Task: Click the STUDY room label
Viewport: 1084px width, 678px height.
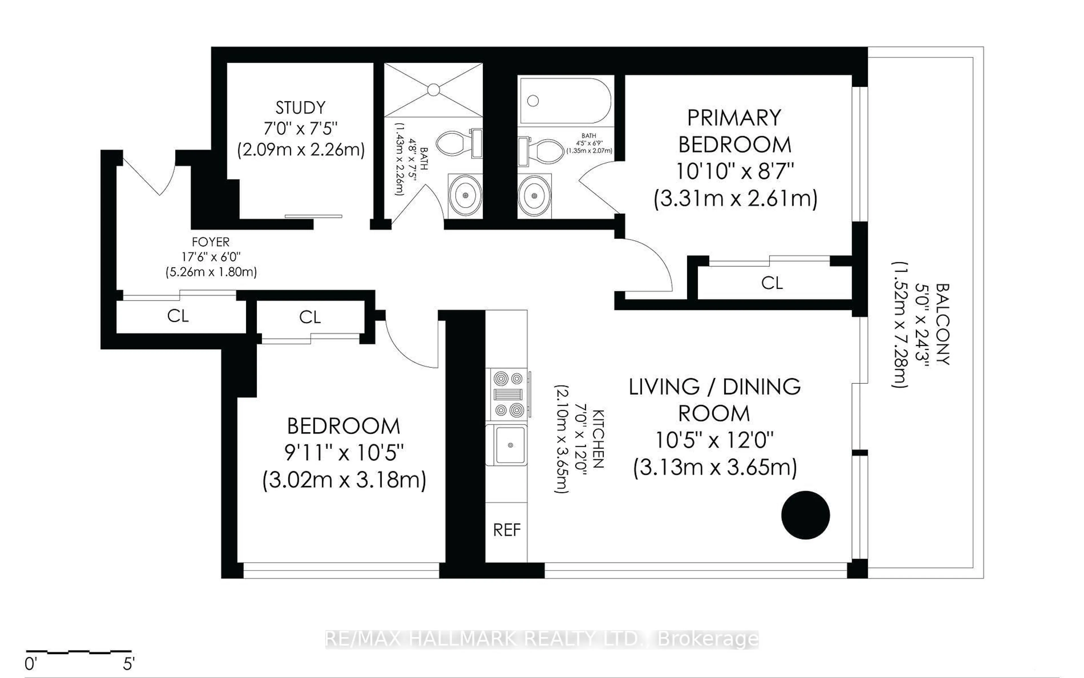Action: click(x=300, y=108)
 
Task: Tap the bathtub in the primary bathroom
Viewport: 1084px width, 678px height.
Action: click(x=564, y=101)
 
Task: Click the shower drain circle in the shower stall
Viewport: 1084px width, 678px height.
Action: click(x=433, y=90)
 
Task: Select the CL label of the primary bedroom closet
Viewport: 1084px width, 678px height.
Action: click(x=772, y=283)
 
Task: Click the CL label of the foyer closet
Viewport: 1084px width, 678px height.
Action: click(x=178, y=316)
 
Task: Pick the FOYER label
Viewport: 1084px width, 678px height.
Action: click(x=210, y=242)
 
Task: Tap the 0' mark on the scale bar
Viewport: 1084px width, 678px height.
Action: click(x=30, y=664)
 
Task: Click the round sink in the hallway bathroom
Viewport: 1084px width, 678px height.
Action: click(x=465, y=195)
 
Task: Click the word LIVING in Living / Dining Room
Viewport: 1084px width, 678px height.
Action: click(x=664, y=387)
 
